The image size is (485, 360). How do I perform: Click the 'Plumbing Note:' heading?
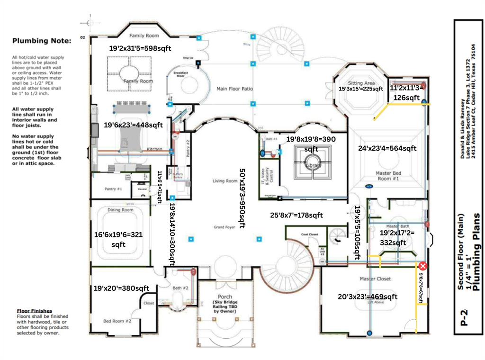coord(42,41)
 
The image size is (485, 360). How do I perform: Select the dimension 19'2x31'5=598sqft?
coord(140,48)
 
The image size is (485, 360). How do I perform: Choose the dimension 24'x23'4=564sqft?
coord(387,148)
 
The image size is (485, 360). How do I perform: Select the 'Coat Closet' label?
coord(309,234)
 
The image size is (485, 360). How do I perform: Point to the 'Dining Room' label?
coord(121,210)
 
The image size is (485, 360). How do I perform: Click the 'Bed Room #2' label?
coord(117,321)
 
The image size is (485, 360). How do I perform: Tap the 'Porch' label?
coord(222,297)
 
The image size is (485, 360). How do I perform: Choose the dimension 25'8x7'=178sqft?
coord(296,215)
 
